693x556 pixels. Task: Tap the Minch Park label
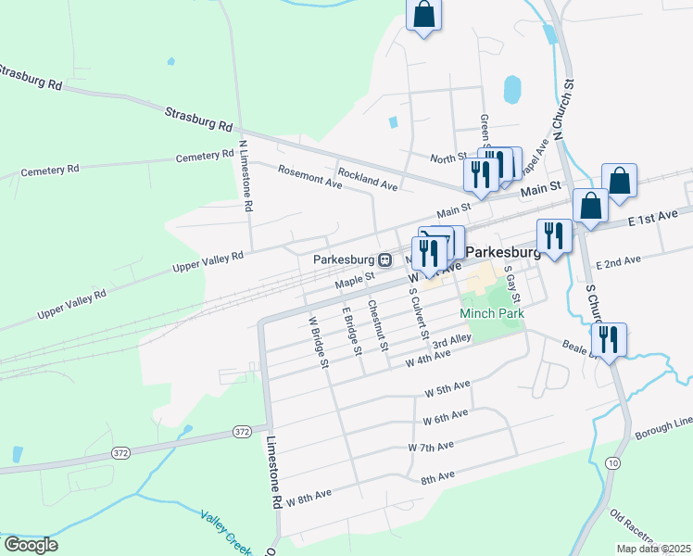[x=491, y=314]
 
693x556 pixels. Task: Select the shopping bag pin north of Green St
[x=423, y=14]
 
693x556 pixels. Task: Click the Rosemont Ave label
[x=310, y=176]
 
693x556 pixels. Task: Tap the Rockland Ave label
[x=367, y=180]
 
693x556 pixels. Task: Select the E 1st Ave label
[x=653, y=219]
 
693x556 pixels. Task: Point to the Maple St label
[x=354, y=277]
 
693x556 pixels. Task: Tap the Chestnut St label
[x=378, y=326]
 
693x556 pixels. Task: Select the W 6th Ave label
[x=446, y=419]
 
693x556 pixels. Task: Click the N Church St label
[x=564, y=109]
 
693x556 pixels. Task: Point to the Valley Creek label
[x=226, y=531]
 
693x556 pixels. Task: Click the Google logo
[x=31, y=545]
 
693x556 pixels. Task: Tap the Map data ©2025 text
[x=653, y=549]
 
